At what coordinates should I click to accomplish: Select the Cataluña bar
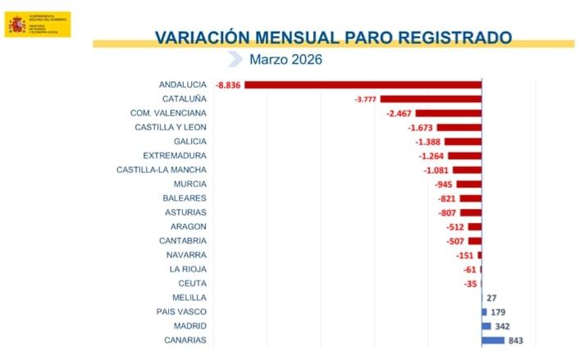click(x=431, y=98)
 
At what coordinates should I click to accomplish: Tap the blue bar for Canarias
click(x=493, y=340)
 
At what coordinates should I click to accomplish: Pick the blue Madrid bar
click(x=486, y=326)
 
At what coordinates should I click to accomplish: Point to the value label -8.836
click(x=228, y=85)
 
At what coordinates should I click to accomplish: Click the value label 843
click(x=515, y=340)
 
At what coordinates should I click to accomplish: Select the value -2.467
click(x=399, y=113)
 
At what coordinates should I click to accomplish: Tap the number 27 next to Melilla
click(x=492, y=298)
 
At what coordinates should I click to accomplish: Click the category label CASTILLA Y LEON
click(x=171, y=127)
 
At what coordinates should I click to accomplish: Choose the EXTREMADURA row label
click(x=175, y=155)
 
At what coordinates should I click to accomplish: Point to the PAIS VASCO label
click(x=181, y=312)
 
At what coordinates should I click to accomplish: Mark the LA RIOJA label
click(x=188, y=269)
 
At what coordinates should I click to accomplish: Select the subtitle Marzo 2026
click(x=286, y=59)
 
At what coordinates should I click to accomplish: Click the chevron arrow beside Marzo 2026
click(x=235, y=59)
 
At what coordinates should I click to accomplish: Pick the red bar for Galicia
click(x=463, y=141)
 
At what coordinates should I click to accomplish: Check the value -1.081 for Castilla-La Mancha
click(x=435, y=170)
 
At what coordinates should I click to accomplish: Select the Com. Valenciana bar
click(x=449, y=113)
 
